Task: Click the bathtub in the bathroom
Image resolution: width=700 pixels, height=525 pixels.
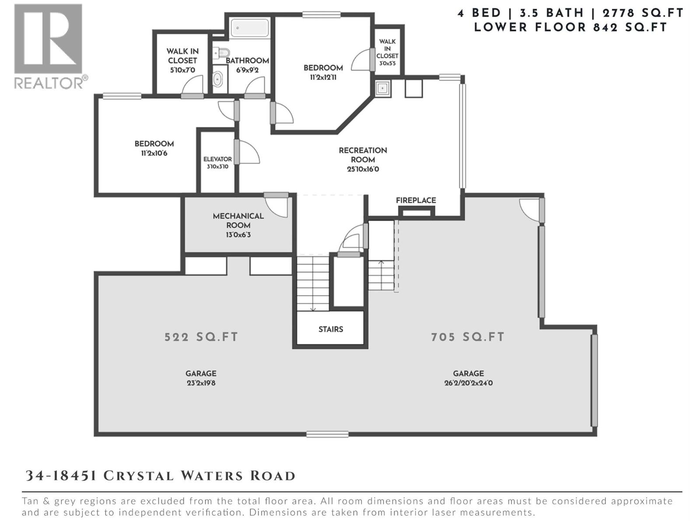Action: click(x=250, y=28)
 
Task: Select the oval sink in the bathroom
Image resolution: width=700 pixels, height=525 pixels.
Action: click(x=217, y=80)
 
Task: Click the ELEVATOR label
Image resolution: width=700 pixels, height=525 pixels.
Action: click(x=217, y=159)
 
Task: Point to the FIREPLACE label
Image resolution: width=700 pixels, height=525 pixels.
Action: click(x=416, y=200)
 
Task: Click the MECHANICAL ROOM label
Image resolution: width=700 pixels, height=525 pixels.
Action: click(x=238, y=220)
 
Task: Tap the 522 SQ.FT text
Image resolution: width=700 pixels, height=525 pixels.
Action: click(x=201, y=337)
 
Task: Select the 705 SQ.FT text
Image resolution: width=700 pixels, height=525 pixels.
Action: click(x=468, y=337)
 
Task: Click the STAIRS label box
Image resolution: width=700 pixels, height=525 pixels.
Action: click(x=331, y=329)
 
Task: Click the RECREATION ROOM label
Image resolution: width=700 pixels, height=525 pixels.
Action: click(x=363, y=155)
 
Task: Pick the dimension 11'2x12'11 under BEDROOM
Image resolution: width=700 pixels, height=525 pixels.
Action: click(x=323, y=77)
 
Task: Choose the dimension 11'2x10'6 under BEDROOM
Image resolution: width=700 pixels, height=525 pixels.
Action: click(x=154, y=154)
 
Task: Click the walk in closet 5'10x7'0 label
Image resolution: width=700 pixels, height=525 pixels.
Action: click(x=182, y=60)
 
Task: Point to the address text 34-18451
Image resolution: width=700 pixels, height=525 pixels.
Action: click(x=61, y=476)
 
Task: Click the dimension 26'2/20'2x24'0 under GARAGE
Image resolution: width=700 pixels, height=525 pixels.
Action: click(x=468, y=383)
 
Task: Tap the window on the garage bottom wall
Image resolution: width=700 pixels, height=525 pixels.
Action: click(x=327, y=434)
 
